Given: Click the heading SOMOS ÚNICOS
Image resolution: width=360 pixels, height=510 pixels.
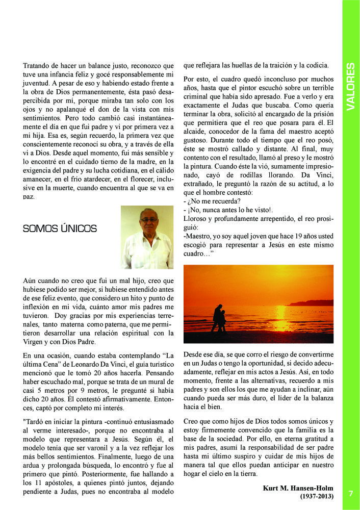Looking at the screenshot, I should (x=60, y=228).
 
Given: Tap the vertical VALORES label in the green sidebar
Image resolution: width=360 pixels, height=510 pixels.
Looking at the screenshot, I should (x=350, y=87).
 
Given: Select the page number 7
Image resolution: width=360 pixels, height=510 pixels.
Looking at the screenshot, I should (x=351, y=493).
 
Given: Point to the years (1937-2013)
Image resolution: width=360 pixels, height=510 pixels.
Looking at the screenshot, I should (x=317, y=496).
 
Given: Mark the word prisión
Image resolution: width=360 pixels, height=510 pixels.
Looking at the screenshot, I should (x=322, y=114).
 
